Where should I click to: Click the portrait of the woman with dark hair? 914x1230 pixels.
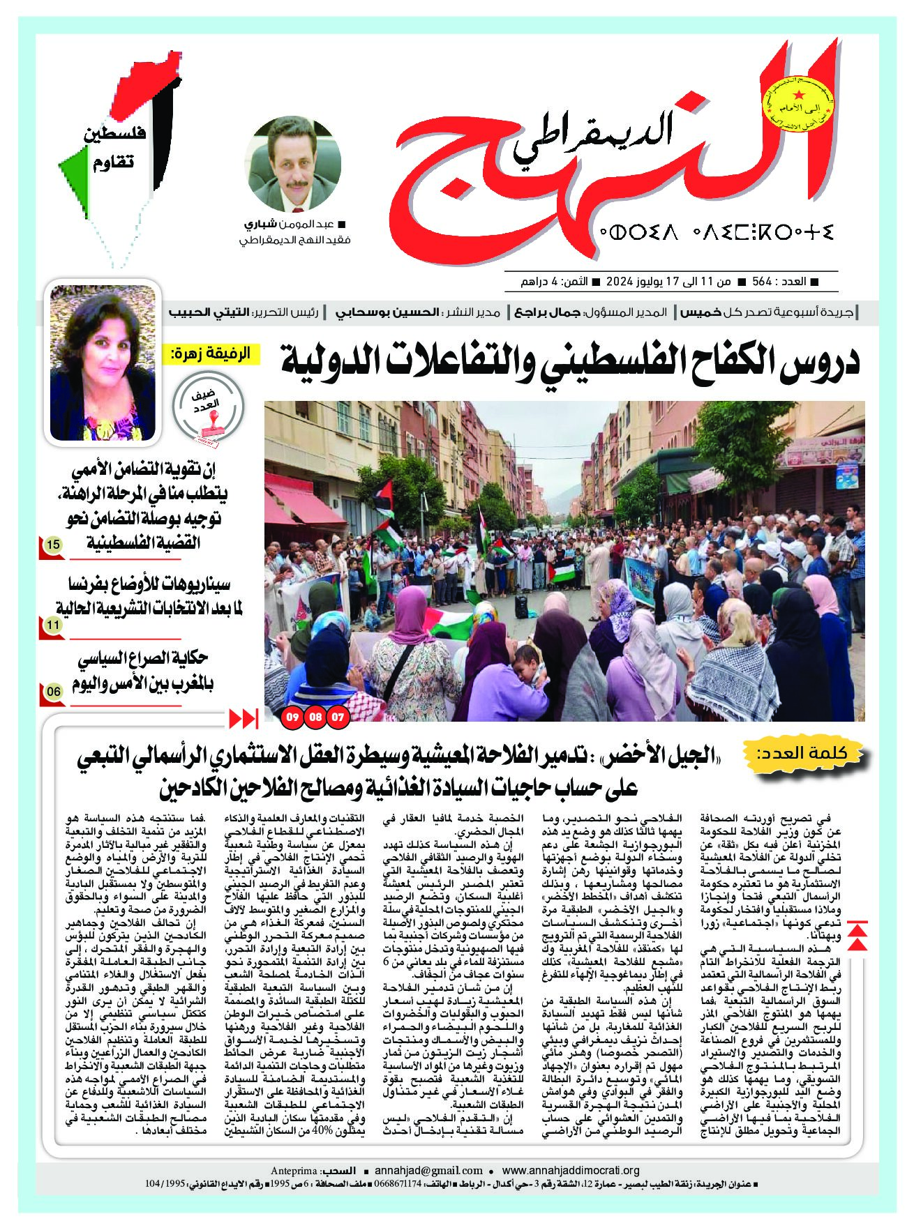[x=103, y=363]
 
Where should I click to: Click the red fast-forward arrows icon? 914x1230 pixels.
[x=244, y=717]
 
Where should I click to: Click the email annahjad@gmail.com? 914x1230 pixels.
[x=428, y=1171]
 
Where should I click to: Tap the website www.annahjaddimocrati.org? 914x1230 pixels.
[x=571, y=1171]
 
